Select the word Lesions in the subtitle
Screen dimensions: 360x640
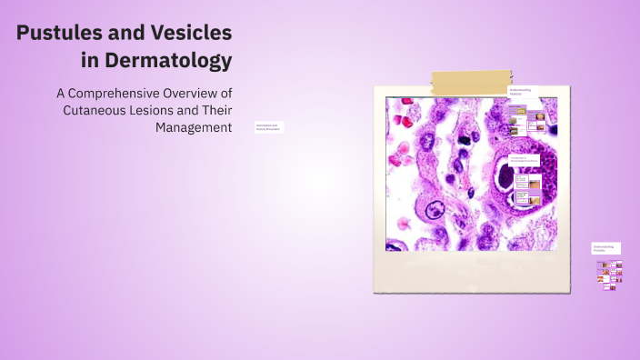[151, 110]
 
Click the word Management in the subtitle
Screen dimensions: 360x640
[194, 127]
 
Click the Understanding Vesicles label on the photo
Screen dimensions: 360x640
[522, 92]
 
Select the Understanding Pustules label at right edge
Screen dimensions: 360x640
[606, 247]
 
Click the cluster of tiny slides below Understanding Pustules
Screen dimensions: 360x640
[609, 272]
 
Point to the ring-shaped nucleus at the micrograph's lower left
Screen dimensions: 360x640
[430, 211]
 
